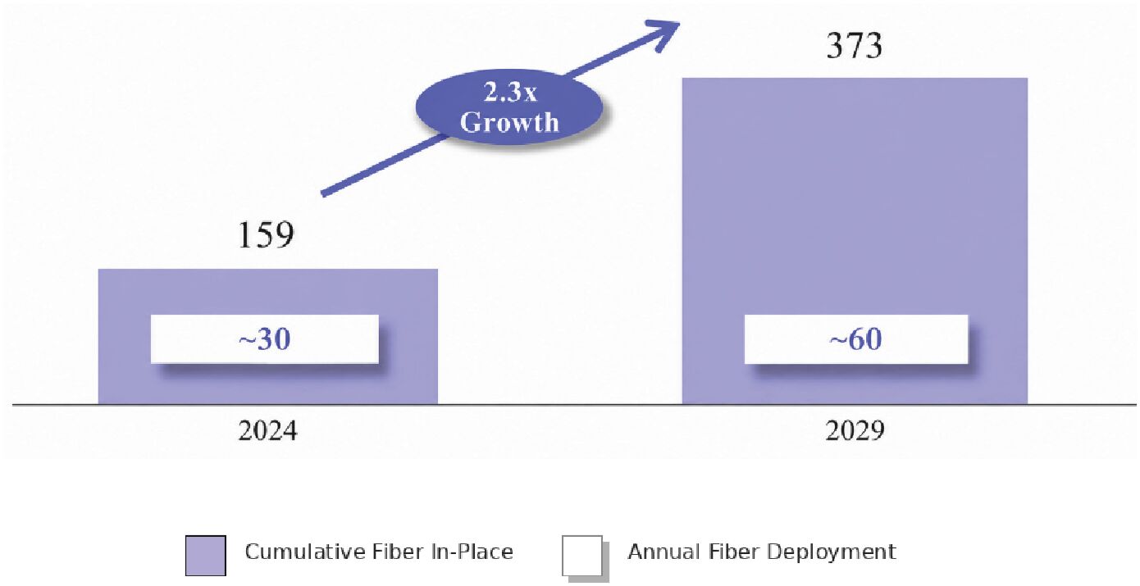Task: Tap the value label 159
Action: click(266, 234)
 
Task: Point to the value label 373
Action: click(854, 45)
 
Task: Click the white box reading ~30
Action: click(265, 338)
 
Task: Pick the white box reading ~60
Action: click(856, 338)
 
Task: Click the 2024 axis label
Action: click(267, 430)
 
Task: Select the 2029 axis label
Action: click(855, 430)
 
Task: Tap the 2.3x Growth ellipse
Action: click(509, 107)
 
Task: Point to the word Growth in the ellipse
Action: click(509, 122)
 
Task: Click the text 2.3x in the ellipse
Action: click(510, 92)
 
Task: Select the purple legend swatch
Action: click(206, 556)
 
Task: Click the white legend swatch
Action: click(582, 556)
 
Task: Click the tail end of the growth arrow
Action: click(322, 193)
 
